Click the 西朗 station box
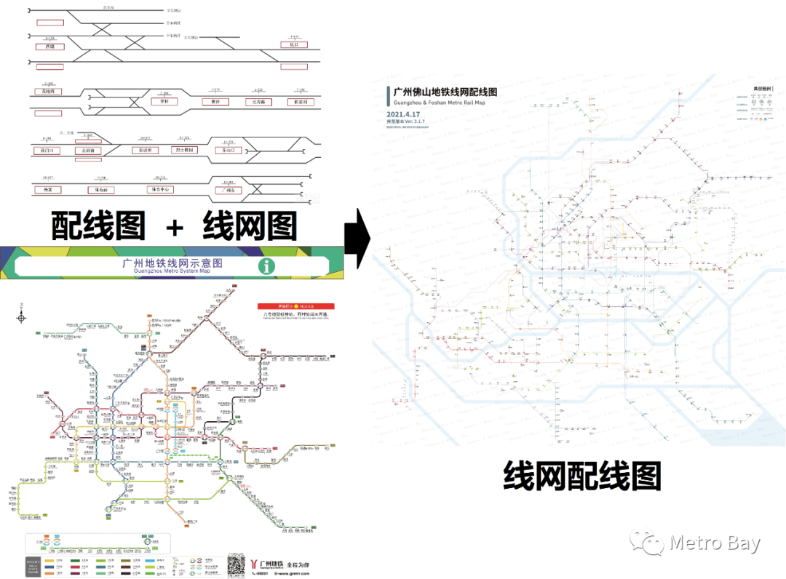click(49, 47)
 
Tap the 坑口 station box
click(294, 44)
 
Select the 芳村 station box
click(164, 102)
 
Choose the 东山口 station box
click(229, 151)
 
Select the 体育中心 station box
click(160, 189)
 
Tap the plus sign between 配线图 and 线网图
click(174, 226)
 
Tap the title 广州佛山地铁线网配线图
click(445, 92)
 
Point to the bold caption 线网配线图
click(581, 478)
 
